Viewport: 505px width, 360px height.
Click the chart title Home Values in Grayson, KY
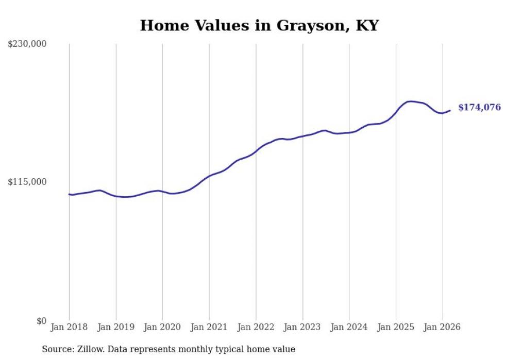point(259,26)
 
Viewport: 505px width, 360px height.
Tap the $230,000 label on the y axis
point(27,44)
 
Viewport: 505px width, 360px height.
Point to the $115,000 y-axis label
point(27,182)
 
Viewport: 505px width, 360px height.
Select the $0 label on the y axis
point(41,321)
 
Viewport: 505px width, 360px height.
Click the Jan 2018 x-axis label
point(69,327)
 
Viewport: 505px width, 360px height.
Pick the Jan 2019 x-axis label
point(116,327)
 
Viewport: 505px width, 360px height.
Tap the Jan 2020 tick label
point(162,327)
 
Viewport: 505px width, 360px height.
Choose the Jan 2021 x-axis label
point(209,327)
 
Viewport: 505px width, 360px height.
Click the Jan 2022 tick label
point(256,327)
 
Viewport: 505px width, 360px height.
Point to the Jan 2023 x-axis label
point(302,327)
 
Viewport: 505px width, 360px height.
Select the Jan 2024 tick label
point(349,327)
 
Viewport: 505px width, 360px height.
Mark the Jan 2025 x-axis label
point(396,327)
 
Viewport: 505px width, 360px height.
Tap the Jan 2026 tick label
point(442,327)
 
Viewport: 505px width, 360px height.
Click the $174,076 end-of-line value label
point(479,108)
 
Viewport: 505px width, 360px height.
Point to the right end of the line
point(450,110)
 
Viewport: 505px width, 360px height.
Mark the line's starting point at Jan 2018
point(69,194)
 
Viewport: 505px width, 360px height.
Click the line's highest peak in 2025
point(411,101)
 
